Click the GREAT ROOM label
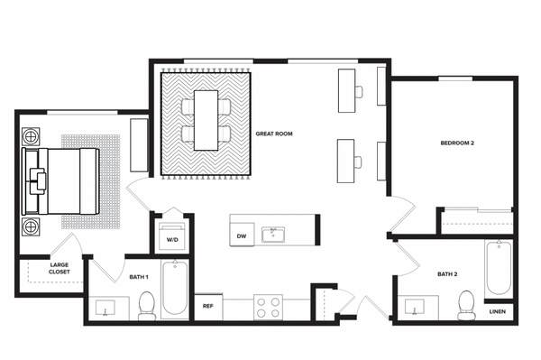click(x=274, y=134)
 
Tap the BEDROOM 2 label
click(x=457, y=143)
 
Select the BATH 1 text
click(x=138, y=277)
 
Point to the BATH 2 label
click(x=448, y=274)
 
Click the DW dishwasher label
click(x=242, y=236)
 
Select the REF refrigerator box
click(x=207, y=307)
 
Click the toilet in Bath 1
click(x=148, y=307)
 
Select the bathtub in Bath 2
click(x=500, y=267)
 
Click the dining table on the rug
click(x=207, y=119)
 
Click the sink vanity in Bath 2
click(x=416, y=308)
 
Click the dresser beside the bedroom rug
click(x=139, y=144)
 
